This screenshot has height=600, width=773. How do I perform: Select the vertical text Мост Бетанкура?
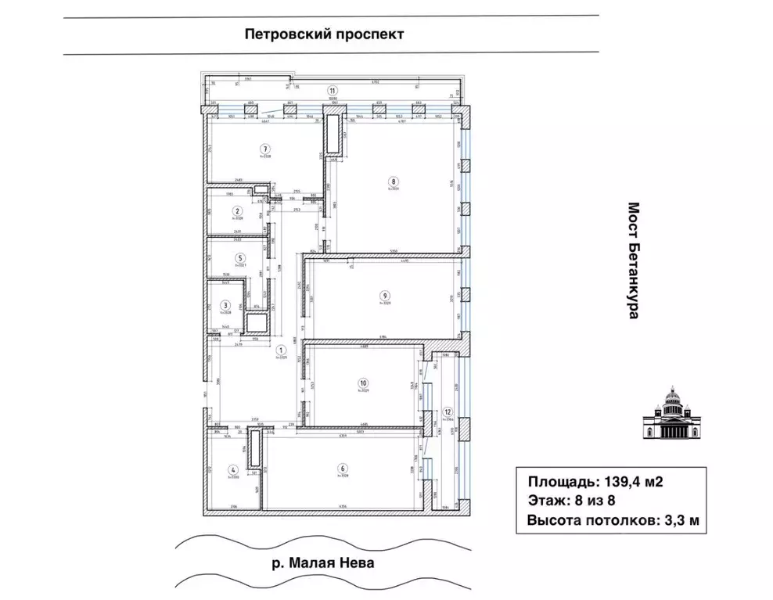634,260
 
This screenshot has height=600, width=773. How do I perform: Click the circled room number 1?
282,350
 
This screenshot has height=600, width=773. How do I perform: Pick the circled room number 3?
225,306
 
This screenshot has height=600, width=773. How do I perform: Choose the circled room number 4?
232,470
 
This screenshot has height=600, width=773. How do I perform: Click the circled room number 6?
343,469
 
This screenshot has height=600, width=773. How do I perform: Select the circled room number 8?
394,181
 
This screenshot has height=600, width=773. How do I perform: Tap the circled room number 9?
384,295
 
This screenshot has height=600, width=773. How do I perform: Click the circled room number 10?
363,383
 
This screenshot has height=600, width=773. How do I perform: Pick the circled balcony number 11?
333,90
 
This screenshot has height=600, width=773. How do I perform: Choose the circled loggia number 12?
448,411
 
